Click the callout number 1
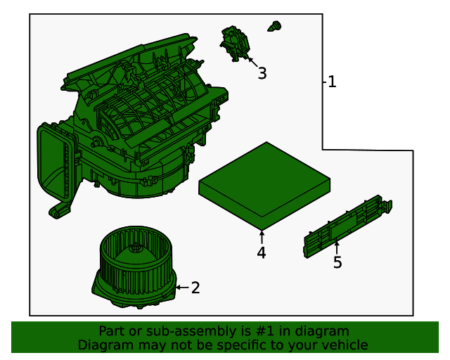point(332,82)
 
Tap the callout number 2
point(195,287)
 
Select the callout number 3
point(262,73)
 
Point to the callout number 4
point(262,252)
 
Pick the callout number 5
point(337,262)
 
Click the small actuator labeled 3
point(235,42)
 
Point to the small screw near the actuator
point(274,27)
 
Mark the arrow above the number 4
point(262,236)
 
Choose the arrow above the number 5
point(337,247)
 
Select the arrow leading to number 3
point(250,61)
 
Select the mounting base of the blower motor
point(134,292)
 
